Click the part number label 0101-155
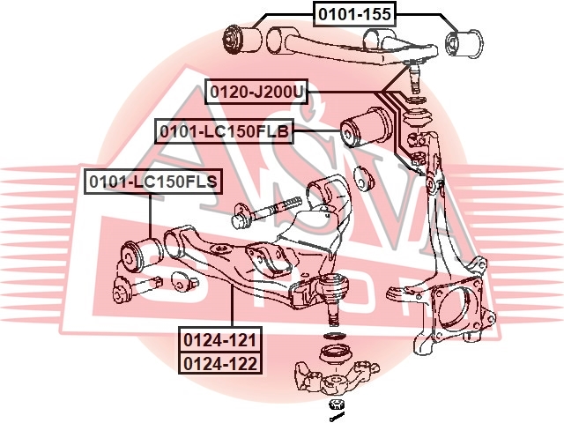pos(354,14)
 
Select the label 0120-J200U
pos(256,92)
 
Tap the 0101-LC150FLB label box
pos(224,131)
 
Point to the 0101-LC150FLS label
pos(153,182)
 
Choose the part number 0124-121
pos(220,340)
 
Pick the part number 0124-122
pos(220,363)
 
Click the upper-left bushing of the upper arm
pos(243,39)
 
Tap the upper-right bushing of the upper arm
pos(464,43)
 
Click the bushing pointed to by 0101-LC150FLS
pos(141,255)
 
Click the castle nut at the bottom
pos(337,404)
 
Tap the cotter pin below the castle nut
pos(337,417)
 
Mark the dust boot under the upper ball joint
pos(417,118)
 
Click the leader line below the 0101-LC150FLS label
pos(150,216)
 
